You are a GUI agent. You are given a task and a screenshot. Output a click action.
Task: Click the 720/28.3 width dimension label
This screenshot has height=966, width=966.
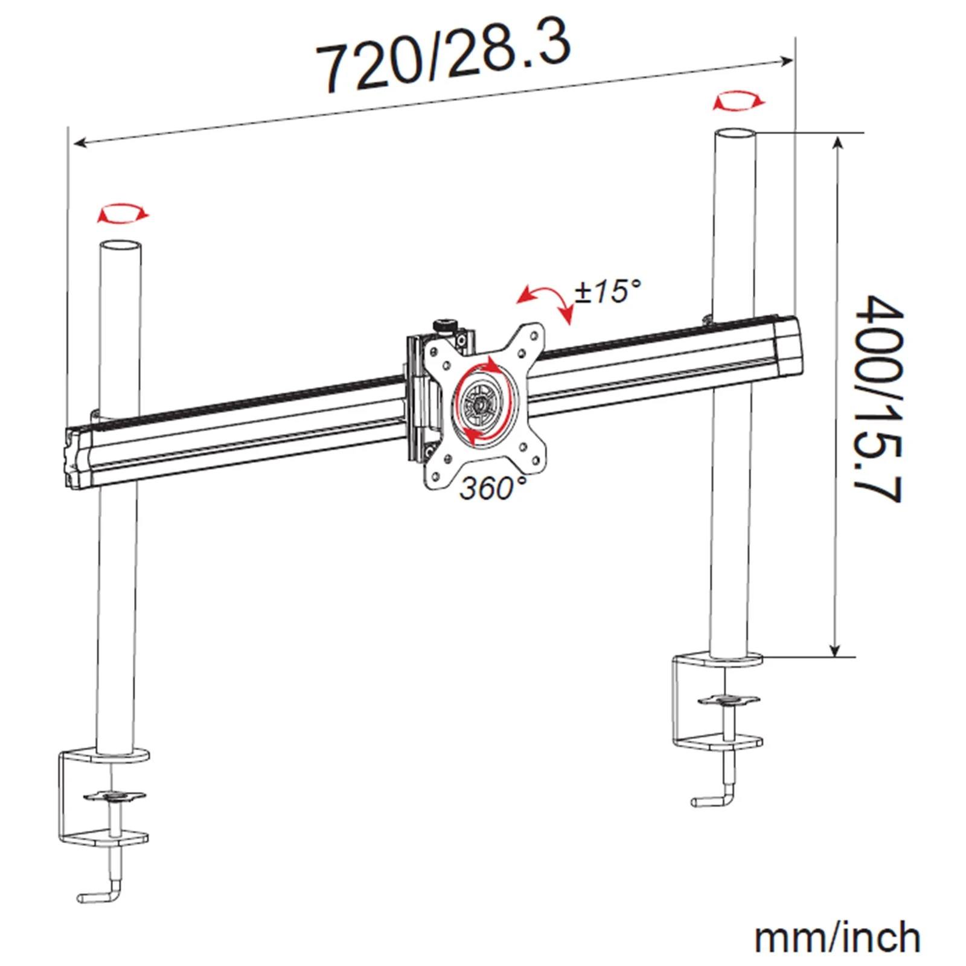click(443, 57)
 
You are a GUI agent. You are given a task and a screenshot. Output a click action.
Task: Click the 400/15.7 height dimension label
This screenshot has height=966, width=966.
click(879, 398)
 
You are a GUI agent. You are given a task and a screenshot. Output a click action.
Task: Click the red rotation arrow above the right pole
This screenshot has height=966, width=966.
click(738, 101)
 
